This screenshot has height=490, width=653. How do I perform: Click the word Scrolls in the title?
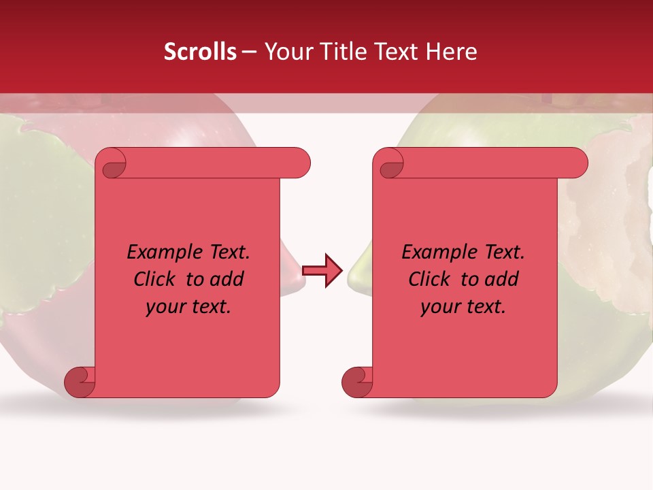[x=200, y=52]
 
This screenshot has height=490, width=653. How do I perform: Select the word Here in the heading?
[x=452, y=52]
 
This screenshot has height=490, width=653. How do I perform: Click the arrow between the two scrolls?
[x=322, y=271]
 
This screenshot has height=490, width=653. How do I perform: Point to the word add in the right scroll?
[x=502, y=280]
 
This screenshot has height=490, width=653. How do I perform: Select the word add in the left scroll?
[x=227, y=280]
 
